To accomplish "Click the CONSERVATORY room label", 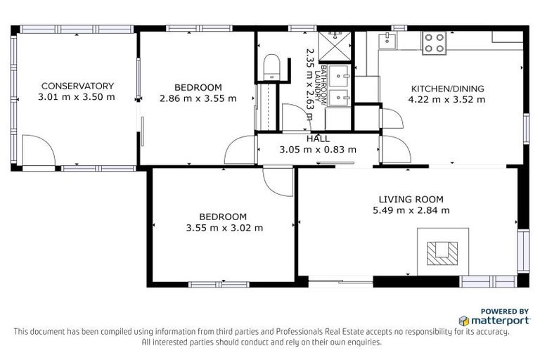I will pos(76,86).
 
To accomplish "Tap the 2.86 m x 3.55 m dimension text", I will pos(198,98).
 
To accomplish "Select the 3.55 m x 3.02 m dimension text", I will pos(224,228).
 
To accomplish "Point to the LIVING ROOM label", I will pos(411,199).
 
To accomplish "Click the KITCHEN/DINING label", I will pos(448,89).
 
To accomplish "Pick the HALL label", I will pos(318,139).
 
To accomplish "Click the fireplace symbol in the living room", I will pos(442,252).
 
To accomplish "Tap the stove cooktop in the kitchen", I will pos(434,43).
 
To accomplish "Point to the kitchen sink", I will pos(387,41).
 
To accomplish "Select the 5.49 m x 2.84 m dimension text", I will pos(411,210).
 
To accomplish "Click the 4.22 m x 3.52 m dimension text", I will pos(448,99).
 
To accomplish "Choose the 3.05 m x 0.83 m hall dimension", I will pos(318,149).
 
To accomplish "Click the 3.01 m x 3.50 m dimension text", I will pos(76,96).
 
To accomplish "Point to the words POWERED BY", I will pos(505,311).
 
